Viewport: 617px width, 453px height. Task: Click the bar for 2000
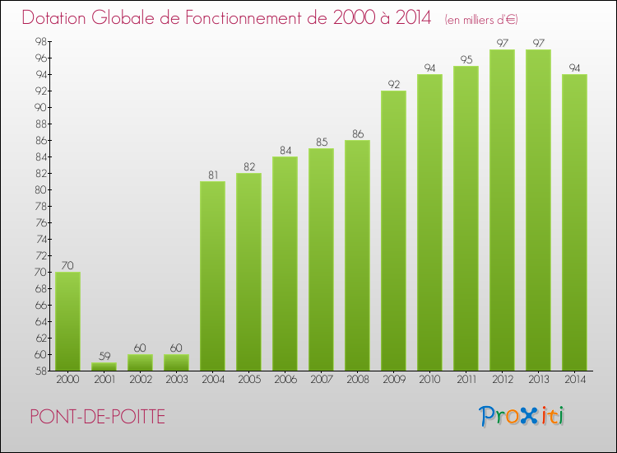68,321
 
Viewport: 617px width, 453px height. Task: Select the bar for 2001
104,367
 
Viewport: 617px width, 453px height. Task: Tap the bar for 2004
213,276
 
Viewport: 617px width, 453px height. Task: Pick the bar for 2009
394,231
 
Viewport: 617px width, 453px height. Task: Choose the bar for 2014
574,222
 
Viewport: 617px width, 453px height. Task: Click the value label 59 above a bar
104,356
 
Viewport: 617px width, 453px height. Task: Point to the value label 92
394,84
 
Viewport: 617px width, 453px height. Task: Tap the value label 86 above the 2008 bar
358,133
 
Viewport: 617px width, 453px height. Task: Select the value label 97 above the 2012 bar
503,43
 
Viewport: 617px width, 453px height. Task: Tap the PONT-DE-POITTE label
97,417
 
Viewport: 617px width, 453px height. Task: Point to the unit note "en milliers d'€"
481,19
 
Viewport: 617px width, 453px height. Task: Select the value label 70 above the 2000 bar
68,265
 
